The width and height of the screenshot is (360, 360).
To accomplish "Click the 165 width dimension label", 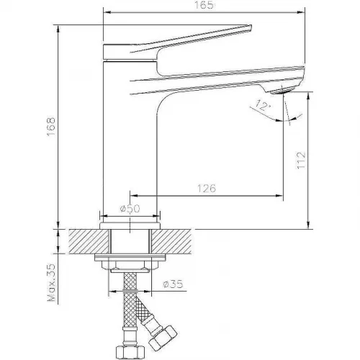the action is point(204,5).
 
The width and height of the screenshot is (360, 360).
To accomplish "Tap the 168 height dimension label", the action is point(51,127).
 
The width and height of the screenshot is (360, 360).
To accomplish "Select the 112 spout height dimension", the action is point(302,160).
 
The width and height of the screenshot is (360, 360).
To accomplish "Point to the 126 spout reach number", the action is point(207,188).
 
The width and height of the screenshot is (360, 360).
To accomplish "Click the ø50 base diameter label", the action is point(130,209).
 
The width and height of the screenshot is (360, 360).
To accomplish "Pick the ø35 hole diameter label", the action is point(173,284).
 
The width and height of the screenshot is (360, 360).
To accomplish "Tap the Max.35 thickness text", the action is point(51,282).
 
